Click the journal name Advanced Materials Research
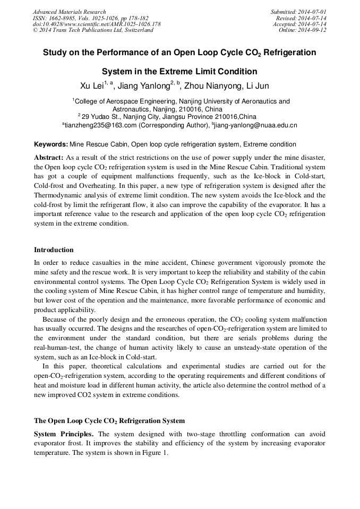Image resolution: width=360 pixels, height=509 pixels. coord(69,12)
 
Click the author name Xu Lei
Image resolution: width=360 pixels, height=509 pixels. coord(91,85)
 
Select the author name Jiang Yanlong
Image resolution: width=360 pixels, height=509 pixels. coord(143,85)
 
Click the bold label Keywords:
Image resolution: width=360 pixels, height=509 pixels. coord(51,144)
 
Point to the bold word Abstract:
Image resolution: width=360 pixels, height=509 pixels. coord(49,158)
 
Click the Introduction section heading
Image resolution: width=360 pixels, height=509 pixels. coord(54,250)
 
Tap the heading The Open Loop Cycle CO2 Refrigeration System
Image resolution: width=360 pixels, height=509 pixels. coord(109,421)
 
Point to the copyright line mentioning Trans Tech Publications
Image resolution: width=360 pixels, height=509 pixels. coord(93,30)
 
